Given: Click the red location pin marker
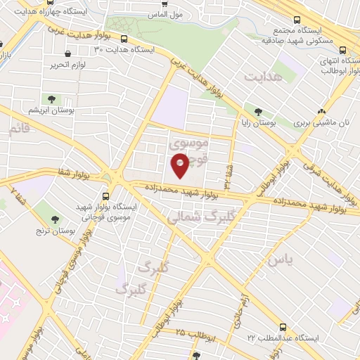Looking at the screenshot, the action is coord(180,166).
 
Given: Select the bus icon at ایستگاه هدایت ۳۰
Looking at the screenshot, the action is coord(124,39).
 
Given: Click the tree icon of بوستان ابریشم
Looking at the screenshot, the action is coord(52,98).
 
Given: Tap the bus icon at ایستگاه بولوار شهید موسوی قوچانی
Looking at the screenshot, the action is coord(105,196).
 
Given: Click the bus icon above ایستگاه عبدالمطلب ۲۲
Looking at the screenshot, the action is coord(283,327).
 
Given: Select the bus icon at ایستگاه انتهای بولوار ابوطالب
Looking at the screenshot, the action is coord(342,50).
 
